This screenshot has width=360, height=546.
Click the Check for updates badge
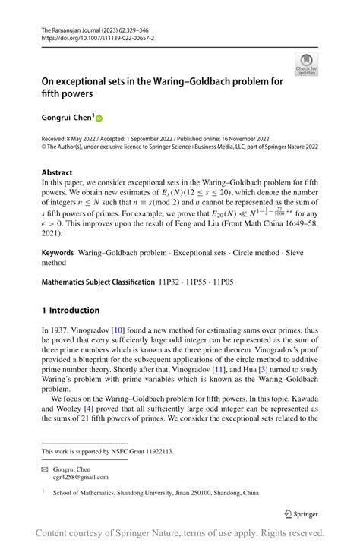pos(307,65)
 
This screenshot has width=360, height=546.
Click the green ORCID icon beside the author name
pos(98,118)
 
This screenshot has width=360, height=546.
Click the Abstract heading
pos(58,172)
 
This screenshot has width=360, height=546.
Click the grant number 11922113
pos(155,451)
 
